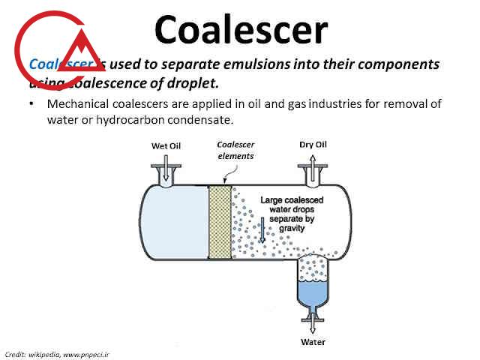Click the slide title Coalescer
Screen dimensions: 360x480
coord(241,30)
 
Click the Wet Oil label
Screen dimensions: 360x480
coord(166,145)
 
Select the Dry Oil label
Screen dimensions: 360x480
coord(313,145)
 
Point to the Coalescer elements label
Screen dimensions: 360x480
coord(235,150)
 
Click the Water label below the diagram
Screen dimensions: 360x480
coord(313,342)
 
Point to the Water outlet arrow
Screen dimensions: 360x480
coord(313,325)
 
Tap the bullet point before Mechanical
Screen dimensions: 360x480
coord(32,104)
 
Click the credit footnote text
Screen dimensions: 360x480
coord(57,353)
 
